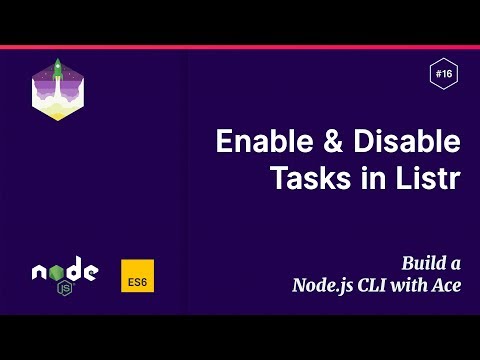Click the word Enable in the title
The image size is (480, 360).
click(x=256, y=142)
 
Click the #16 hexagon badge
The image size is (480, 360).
click(x=443, y=73)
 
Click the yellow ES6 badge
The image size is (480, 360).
click(x=137, y=276)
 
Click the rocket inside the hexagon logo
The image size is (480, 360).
click(x=58, y=72)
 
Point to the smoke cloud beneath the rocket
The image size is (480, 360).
click(x=58, y=100)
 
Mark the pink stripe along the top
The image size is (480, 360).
click(x=240, y=46)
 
